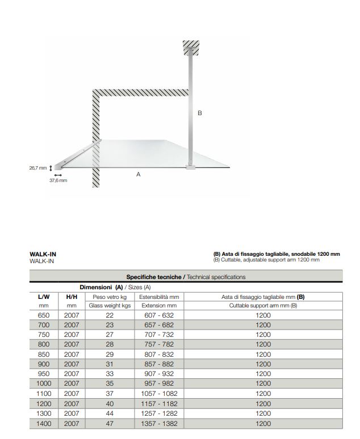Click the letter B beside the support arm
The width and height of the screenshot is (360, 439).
(x=199, y=113)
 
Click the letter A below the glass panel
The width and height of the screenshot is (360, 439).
(x=138, y=175)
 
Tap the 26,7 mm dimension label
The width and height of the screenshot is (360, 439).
(x=38, y=168)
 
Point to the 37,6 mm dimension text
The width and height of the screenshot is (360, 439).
(x=58, y=180)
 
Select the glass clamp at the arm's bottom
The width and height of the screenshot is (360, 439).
(x=191, y=166)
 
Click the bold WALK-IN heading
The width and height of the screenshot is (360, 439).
(x=43, y=254)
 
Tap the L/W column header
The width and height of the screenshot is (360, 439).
(x=44, y=297)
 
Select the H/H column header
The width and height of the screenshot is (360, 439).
(x=72, y=297)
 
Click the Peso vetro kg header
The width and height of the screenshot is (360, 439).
(x=110, y=297)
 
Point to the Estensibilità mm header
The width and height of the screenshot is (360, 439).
(x=159, y=297)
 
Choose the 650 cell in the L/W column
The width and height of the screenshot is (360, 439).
(x=44, y=315)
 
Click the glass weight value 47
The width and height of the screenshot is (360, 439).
(x=110, y=423)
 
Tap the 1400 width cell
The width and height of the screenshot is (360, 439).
(x=44, y=423)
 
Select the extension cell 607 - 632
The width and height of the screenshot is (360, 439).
(x=159, y=315)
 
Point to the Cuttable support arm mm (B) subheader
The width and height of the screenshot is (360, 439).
(x=263, y=306)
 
